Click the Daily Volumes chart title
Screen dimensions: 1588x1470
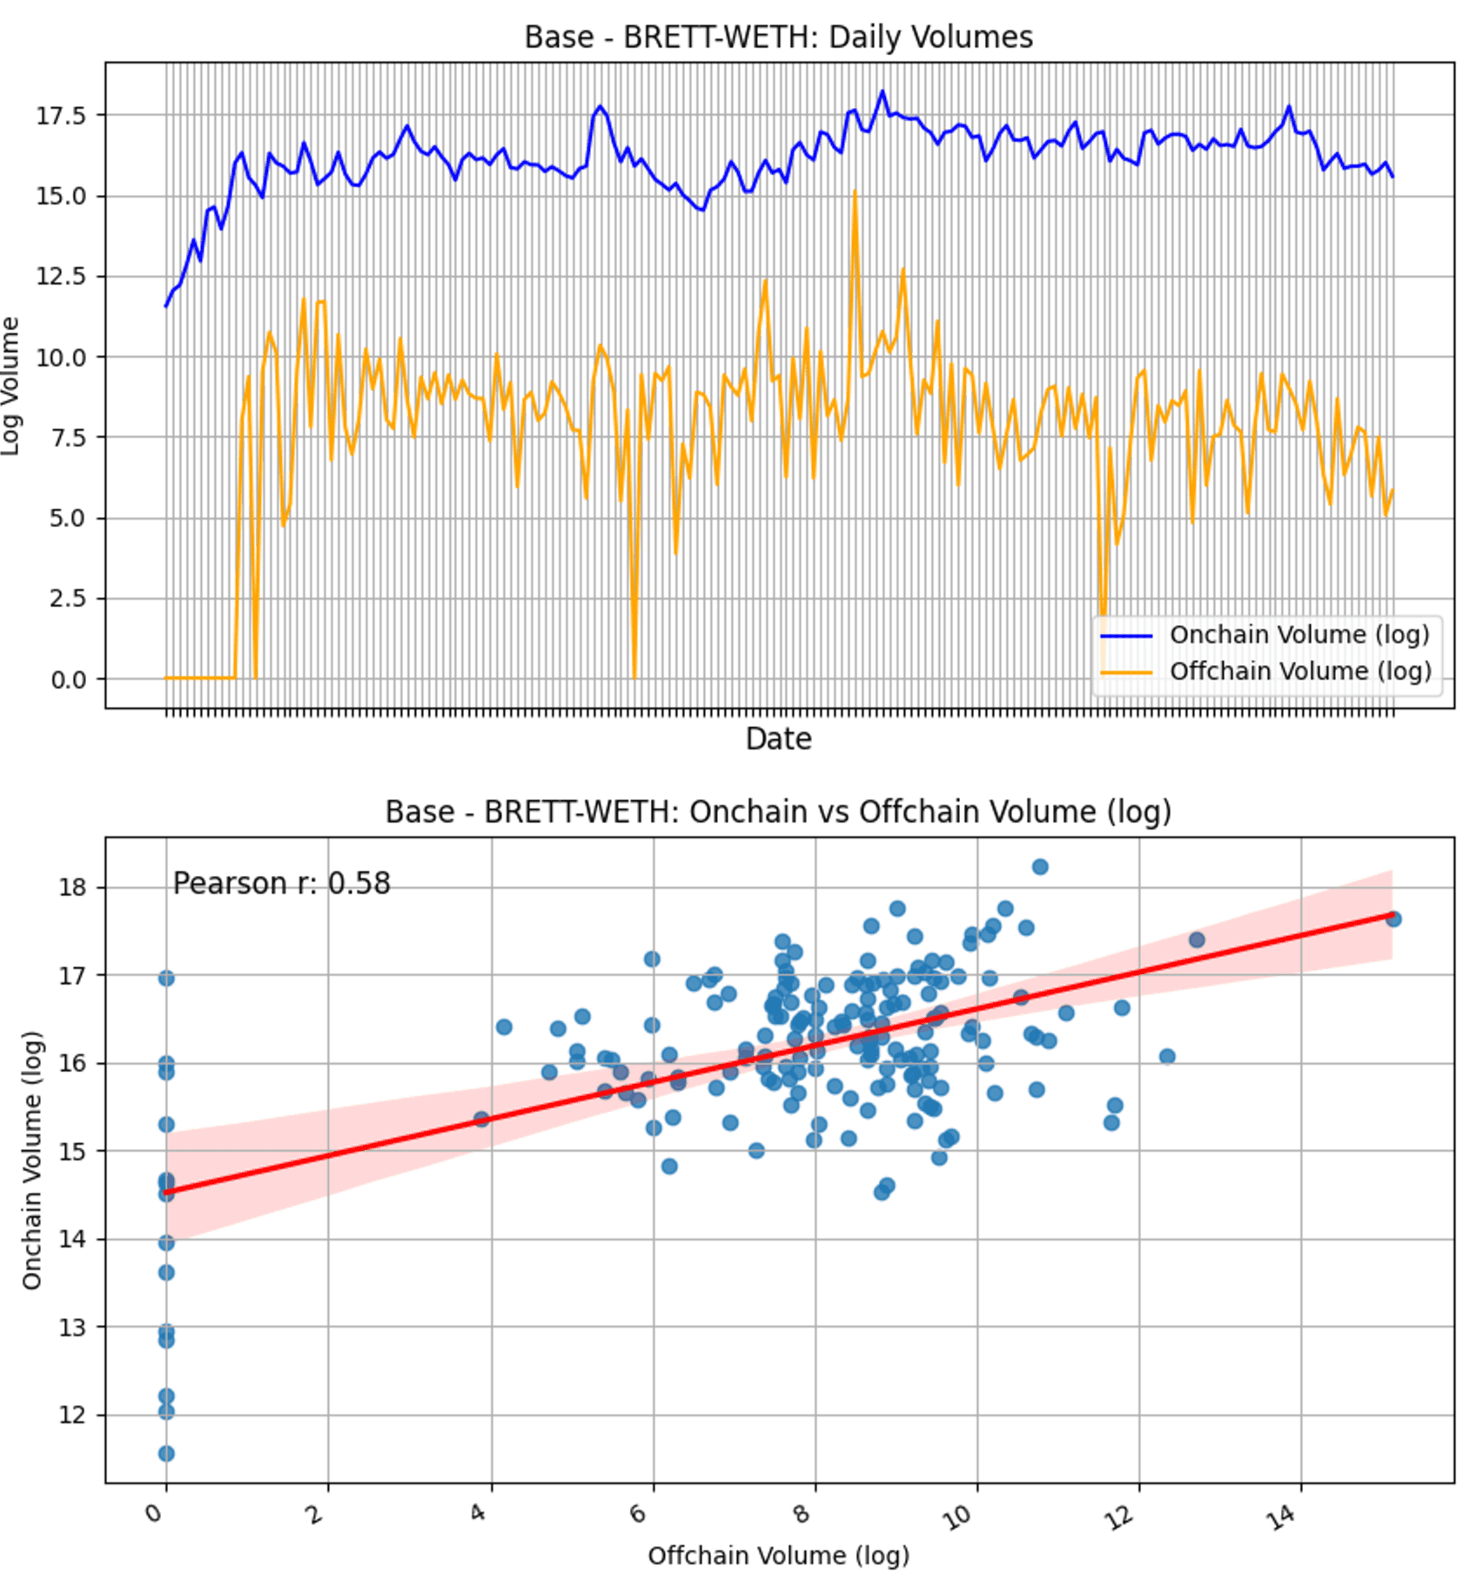pyautogui.click(x=778, y=37)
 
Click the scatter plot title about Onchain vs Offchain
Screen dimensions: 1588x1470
pyautogui.click(x=778, y=811)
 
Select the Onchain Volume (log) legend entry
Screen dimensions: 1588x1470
pyautogui.click(x=1299, y=635)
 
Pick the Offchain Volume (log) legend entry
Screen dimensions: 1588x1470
pyautogui.click(x=1299, y=671)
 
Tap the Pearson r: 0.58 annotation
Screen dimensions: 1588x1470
pyautogui.click(x=281, y=884)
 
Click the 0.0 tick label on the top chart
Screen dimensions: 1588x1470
pyautogui.click(x=68, y=680)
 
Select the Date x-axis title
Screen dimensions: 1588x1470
pyautogui.click(x=778, y=739)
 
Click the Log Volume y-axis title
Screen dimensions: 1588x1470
pyautogui.click(x=10, y=386)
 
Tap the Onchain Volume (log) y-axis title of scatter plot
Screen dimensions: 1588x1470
pyautogui.click(x=32, y=1160)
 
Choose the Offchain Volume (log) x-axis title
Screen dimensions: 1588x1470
pyautogui.click(x=778, y=1556)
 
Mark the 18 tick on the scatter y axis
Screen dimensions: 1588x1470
pyautogui.click(x=73, y=888)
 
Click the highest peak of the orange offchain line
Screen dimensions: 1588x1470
pyautogui.click(x=855, y=192)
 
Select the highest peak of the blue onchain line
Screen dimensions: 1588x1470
pyautogui.click(x=882, y=91)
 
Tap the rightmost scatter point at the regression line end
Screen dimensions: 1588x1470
pyautogui.click(x=1393, y=918)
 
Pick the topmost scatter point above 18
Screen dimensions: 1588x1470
pyautogui.click(x=1040, y=866)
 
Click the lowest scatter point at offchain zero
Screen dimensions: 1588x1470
pyautogui.click(x=166, y=1453)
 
